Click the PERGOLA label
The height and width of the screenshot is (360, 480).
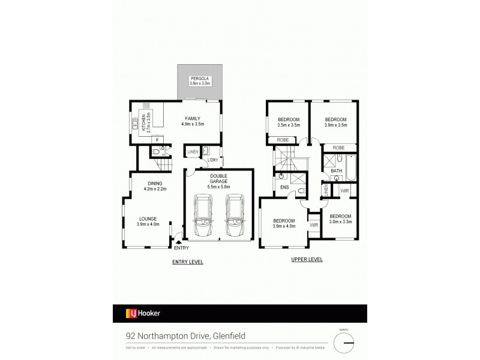(x=198, y=81)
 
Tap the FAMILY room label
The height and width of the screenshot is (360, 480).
(x=193, y=121)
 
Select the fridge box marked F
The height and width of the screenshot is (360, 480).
(x=157, y=140)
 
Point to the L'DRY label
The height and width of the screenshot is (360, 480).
(x=212, y=160)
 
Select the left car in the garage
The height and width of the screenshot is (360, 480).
(x=203, y=215)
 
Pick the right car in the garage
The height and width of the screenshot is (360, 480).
(x=235, y=215)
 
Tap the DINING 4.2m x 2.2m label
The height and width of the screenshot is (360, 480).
(x=155, y=186)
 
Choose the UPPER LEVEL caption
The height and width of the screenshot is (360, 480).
(x=307, y=260)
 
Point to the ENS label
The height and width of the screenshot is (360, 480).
(x=284, y=187)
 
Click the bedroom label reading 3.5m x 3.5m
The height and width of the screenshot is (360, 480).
(x=289, y=123)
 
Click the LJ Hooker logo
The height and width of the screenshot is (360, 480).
(x=143, y=313)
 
